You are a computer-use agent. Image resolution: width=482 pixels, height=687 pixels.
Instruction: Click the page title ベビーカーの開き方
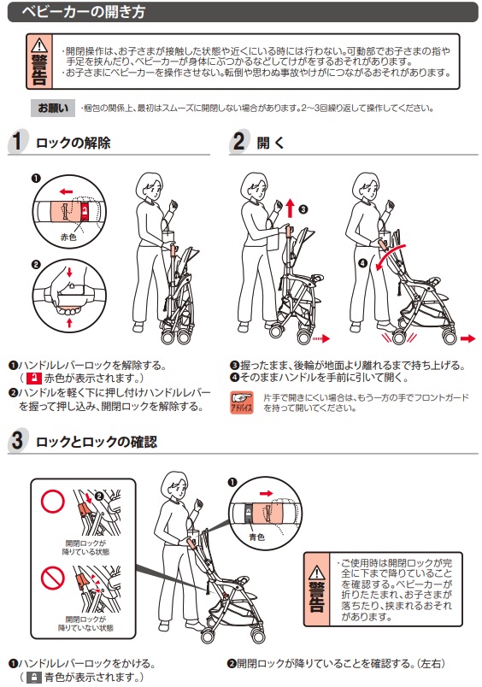click(83, 12)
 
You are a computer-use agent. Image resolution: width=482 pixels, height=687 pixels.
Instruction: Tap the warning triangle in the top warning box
click(39, 44)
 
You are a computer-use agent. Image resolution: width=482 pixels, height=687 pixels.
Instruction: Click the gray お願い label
click(53, 108)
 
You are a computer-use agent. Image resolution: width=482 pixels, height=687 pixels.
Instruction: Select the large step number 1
click(17, 141)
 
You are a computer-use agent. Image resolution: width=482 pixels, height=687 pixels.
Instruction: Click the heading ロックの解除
click(73, 143)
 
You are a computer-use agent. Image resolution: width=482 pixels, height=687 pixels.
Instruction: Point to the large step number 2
click(238, 141)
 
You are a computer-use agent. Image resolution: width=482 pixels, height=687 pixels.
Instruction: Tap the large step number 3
click(17, 440)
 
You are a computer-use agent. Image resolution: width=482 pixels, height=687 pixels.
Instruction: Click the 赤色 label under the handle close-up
click(68, 237)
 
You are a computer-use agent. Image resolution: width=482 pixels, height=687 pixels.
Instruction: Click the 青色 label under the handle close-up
click(256, 537)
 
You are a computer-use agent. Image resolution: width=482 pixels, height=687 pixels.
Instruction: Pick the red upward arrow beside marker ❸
click(290, 208)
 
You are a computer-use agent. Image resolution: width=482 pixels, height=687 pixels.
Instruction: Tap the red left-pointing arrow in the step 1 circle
click(66, 191)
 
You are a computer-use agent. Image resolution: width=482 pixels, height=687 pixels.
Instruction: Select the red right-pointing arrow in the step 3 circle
click(266, 493)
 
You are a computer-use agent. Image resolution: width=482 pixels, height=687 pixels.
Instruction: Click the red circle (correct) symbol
click(53, 502)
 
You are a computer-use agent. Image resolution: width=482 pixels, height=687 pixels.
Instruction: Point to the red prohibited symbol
click(53, 578)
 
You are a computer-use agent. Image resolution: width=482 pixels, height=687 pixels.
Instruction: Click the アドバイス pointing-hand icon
click(242, 402)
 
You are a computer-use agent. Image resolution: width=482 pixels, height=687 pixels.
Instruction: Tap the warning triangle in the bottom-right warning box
click(316, 572)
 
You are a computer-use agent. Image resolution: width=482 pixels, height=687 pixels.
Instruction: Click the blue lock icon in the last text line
click(34, 678)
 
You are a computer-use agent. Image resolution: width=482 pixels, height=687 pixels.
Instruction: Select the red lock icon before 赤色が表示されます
click(34, 379)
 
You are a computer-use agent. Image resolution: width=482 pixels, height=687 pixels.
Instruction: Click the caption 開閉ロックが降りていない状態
click(85, 624)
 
